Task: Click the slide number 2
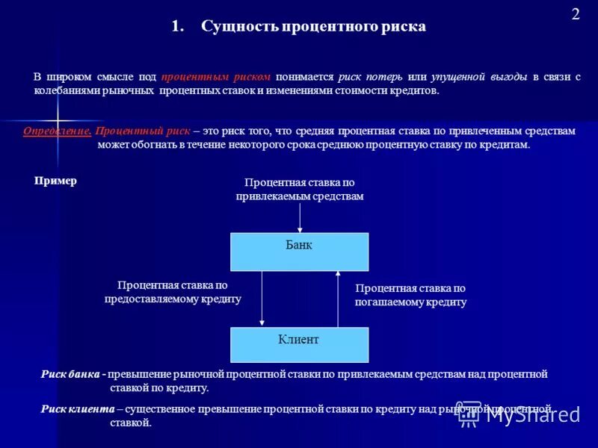pos(576,14)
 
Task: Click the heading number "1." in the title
pos(177,27)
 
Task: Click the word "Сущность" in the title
pos(238,27)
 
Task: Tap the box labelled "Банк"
pos(299,252)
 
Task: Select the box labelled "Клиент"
pos(299,345)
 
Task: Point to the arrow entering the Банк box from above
pos(300,218)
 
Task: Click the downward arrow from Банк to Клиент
pos(262,299)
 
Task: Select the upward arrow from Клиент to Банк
pos(338,299)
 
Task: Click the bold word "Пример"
pos(55,181)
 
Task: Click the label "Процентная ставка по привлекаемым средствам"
pos(300,189)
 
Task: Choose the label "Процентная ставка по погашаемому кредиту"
pos(410,295)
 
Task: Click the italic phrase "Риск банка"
pos(71,374)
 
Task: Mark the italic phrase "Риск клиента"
pos(77,408)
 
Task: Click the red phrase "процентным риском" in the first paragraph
pos(216,77)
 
